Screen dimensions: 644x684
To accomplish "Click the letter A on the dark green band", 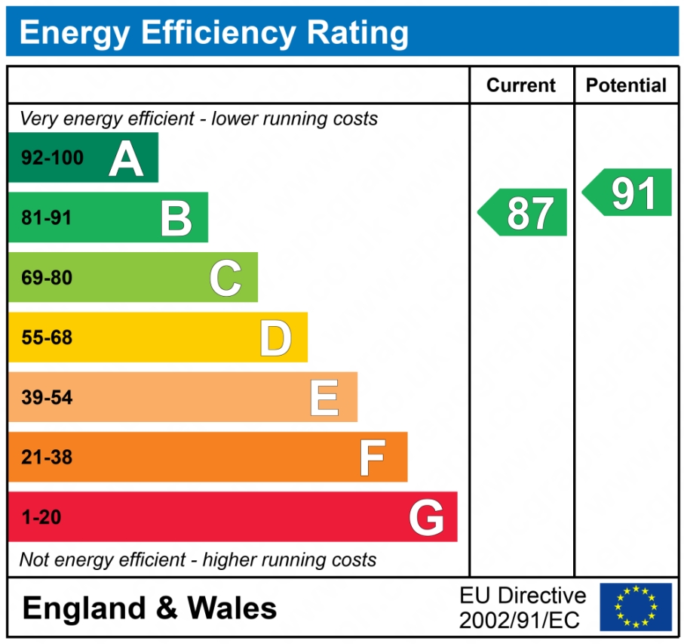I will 126,159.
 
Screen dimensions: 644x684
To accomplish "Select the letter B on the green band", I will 176,218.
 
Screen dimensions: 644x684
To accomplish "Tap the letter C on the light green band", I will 225,278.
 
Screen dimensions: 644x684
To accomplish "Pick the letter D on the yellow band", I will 275,338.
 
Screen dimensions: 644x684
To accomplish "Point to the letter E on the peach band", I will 324,398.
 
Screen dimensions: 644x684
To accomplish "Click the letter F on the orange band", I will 372,458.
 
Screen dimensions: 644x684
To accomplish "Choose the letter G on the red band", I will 426,518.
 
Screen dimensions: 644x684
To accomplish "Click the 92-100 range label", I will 52,159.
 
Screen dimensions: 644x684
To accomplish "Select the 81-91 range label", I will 47,218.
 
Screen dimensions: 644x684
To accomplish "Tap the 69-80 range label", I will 47,278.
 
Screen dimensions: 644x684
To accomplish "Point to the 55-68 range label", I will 47,337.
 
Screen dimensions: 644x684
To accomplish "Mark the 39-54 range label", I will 47,397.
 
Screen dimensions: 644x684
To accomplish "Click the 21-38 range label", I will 47,457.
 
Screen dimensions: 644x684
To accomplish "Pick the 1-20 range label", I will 41,517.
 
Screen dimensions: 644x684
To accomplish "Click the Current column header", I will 521,85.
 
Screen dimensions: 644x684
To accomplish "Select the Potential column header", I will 627,85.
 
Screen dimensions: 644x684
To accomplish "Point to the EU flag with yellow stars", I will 636,606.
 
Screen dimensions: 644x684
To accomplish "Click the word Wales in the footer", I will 232,608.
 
